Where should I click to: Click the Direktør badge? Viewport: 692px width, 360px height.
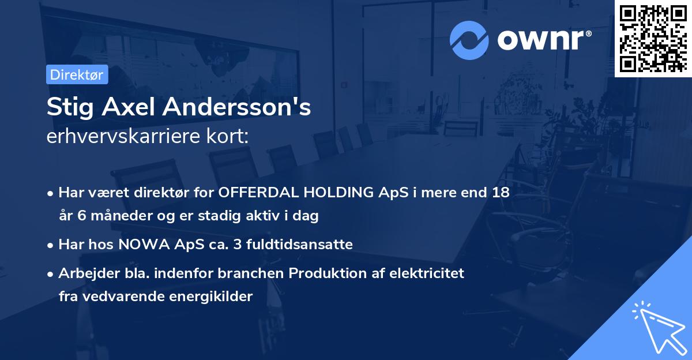77,74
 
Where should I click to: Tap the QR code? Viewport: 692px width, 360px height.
653,38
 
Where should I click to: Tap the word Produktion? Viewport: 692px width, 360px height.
320,273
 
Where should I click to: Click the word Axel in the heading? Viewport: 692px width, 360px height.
130,107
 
